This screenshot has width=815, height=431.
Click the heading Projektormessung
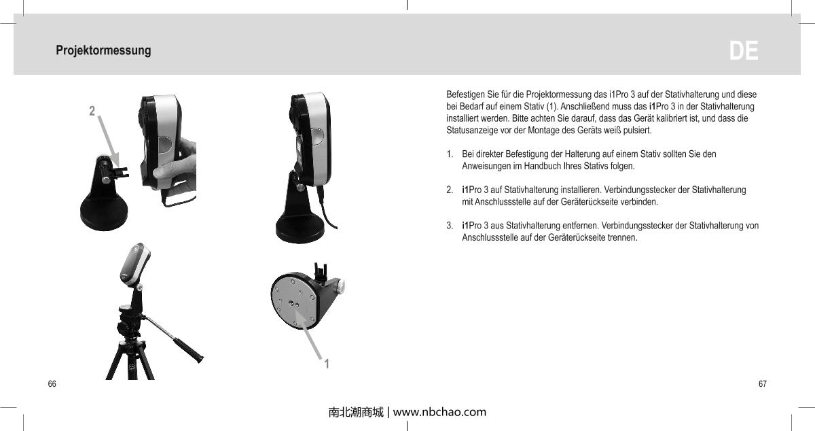[x=103, y=51]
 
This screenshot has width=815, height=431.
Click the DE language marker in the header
[x=744, y=51]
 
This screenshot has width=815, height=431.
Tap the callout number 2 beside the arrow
[x=92, y=109]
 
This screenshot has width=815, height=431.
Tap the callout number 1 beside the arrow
[x=327, y=364]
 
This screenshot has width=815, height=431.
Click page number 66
[x=52, y=385]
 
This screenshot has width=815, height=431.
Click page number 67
[x=763, y=385]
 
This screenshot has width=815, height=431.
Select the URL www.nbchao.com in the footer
[x=439, y=412]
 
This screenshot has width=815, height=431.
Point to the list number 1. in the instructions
[x=450, y=155]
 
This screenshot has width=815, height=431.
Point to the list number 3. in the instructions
[x=450, y=226]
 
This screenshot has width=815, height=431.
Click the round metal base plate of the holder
[x=295, y=300]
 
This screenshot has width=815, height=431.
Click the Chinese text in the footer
[x=355, y=412]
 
